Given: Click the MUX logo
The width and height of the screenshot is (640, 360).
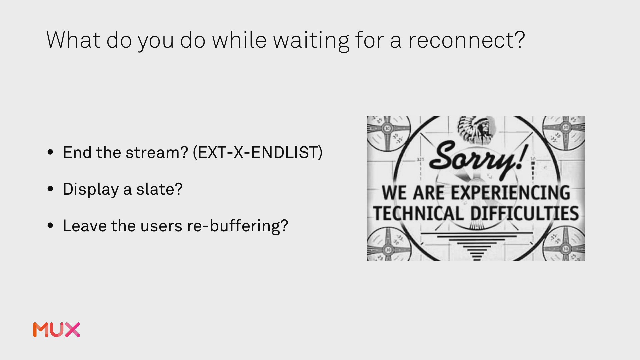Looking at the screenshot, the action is click(x=57, y=330).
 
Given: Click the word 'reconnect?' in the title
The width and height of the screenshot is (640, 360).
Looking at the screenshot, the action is click(x=467, y=40).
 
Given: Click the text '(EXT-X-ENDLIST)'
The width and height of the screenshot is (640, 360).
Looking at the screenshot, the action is click(x=258, y=152).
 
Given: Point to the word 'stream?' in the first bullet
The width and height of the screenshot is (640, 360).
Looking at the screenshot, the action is click(x=157, y=153).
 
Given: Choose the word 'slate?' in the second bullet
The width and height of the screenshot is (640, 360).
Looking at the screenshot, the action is click(x=159, y=189).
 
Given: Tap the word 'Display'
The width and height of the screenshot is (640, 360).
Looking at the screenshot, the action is click(x=91, y=190).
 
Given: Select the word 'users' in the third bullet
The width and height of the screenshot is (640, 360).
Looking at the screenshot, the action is click(x=161, y=226).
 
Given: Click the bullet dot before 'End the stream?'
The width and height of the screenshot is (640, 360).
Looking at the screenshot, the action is click(x=50, y=152).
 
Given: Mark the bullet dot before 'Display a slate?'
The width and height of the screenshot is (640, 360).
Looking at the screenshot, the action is click(x=50, y=189).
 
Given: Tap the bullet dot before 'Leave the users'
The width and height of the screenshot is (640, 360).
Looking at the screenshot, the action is click(x=50, y=226).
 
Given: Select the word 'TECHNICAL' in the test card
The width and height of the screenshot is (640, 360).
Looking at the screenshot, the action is click(x=418, y=214).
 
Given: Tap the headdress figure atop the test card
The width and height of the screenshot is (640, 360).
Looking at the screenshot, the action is click(x=476, y=130).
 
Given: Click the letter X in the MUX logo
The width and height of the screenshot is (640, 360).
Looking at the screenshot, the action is click(x=72, y=330).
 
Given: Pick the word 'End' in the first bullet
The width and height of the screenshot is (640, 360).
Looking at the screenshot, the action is click(x=77, y=152).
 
